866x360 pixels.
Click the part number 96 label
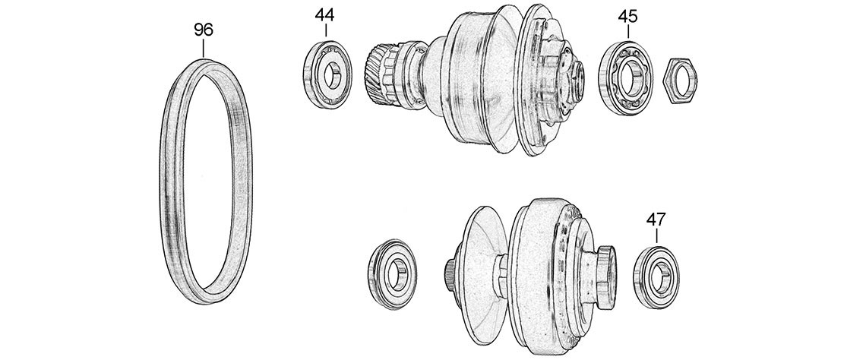point(204,30)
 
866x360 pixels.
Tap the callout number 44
point(325,14)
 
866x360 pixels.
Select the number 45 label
point(627,17)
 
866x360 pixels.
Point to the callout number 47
point(656,219)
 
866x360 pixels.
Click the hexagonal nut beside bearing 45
point(679,80)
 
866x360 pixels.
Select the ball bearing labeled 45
point(626,78)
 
